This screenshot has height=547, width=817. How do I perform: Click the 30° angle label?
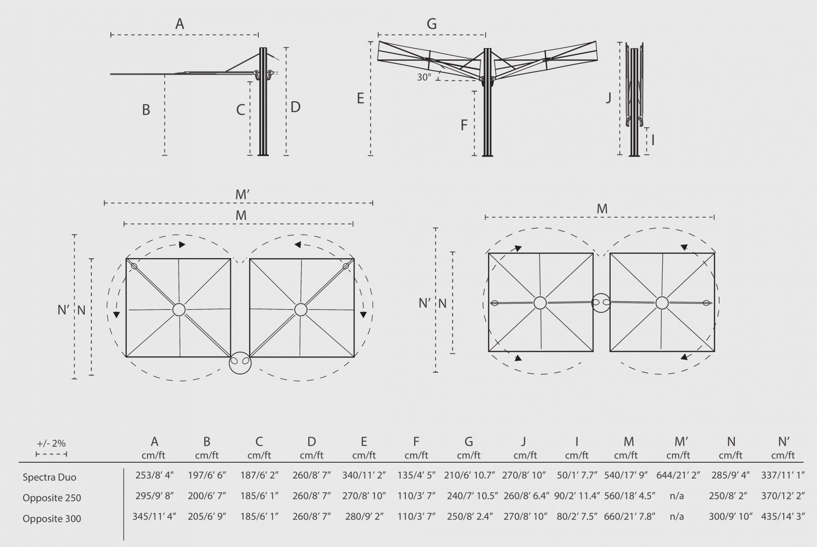click(x=424, y=77)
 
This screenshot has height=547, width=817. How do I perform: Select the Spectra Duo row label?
click(x=49, y=477)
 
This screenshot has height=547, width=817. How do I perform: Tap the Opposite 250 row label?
click(x=52, y=498)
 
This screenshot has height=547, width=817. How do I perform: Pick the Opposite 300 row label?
click(x=52, y=518)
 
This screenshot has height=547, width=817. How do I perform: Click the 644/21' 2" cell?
click(x=678, y=475)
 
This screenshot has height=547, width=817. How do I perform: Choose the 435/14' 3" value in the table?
click(x=783, y=516)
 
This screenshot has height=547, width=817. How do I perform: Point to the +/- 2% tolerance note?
click(x=51, y=443)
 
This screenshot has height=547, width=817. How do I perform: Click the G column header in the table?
click(x=469, y=442)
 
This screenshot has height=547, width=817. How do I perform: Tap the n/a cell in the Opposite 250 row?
click(x=677, y=496)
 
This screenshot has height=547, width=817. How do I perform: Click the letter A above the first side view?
click(x=179, y=24)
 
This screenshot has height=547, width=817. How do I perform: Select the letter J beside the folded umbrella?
click(x=608, y=98)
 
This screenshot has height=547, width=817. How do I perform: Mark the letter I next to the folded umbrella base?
click(x=653, y=140)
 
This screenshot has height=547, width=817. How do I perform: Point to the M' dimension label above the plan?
click(x=242, y=195)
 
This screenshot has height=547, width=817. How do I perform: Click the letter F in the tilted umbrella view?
click(x=464, y=125)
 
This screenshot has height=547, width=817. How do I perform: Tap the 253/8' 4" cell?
click(x=154, y=475)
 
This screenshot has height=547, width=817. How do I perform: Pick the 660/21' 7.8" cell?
click(x=630, y=516)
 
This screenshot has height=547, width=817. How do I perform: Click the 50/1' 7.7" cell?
click(x=577, y=475)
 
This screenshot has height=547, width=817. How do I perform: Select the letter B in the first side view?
click(x=146, y=110)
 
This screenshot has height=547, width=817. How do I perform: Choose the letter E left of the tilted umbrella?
click(x=360, y=98)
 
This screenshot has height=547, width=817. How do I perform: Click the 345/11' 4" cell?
click(x=154, y=516)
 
